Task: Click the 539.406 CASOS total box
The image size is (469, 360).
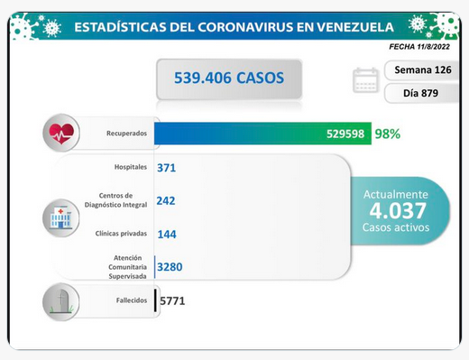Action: click(229, 78)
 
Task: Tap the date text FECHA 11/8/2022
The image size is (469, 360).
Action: click(419, 47)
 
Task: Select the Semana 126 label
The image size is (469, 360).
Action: click(423, 70)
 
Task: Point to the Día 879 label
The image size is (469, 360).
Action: click(420, 93)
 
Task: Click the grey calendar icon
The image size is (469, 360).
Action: click(365, 80)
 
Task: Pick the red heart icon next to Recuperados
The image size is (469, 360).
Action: click(61, 133)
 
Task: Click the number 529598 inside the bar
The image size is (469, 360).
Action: click(345, 134)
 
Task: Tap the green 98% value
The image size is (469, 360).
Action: click(388, 134)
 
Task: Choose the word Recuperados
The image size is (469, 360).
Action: click(126, 134)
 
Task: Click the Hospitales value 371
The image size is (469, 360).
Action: click(166, 168)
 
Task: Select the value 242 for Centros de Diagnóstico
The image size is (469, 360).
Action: click(166, 200)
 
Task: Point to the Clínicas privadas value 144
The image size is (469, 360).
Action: click(167, 234)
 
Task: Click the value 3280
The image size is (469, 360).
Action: click(170, 267)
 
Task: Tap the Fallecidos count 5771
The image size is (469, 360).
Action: click(172, 300)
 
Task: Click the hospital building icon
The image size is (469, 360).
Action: click(61, 217)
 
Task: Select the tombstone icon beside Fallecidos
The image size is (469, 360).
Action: click(61, 301)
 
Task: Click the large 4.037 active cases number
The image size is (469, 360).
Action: click(398, 210)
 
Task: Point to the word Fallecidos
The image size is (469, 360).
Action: click(132, 300)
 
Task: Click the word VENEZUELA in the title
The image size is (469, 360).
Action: click(355, 27)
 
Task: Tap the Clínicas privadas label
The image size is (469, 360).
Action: click(121, 234)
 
